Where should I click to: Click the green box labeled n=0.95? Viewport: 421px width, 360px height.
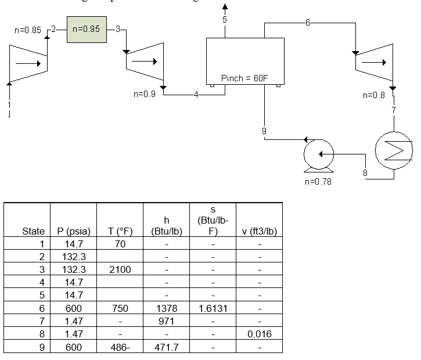click(87, 29)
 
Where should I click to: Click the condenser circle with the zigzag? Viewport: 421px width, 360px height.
click(394, 151)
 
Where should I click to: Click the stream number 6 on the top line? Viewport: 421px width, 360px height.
click(307, 23)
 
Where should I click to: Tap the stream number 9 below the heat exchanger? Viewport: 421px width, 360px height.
click(264, 131)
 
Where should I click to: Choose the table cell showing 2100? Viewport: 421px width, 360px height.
click(120, 269)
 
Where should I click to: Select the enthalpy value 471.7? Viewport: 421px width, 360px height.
click(166, 347)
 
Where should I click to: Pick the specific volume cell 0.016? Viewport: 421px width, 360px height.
click(259, 334)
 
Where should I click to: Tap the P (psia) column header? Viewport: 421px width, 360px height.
click(73, 231)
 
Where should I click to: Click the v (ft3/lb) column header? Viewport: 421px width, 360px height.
click(259, 231)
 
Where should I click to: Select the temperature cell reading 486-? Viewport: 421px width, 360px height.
click(120, 347)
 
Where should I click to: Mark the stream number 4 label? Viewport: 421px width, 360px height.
click(196, 95)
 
